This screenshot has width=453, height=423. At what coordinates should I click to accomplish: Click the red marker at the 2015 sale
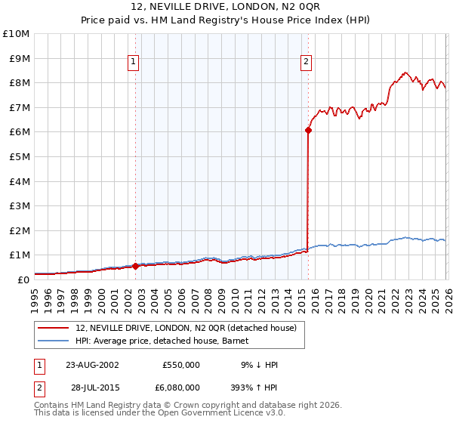pos(308,130)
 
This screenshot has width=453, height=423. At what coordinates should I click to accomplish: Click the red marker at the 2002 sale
pos(136,266)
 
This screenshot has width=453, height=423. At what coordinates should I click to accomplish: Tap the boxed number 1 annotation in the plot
pos(133,63)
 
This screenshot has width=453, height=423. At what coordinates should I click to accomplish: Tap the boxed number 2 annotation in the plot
pos(306,63)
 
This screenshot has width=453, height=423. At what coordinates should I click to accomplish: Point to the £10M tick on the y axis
pos(16,34)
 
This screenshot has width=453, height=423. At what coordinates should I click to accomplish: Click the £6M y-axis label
pos(18,132)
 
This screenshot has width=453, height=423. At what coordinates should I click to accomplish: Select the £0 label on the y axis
pos(23,279)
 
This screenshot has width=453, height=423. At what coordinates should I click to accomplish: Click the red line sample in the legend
pos(54,328)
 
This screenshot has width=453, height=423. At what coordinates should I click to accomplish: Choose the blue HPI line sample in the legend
pos(54,341)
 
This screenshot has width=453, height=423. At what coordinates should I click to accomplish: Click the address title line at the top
pos(226,8)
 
